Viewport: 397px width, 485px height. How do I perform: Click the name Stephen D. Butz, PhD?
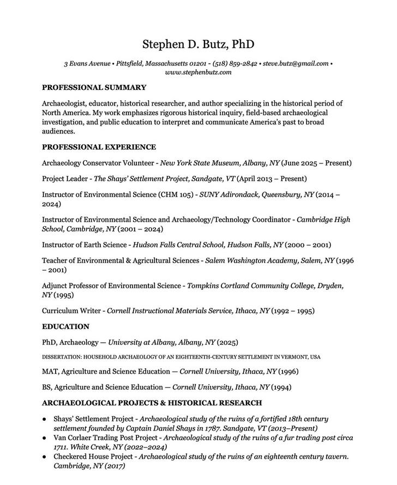pos(198,44)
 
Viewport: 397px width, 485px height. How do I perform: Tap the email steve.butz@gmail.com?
pos(295,63)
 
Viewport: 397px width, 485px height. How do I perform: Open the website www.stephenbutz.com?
pos(198,72)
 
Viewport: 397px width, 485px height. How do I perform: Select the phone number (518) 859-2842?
pos(234,63)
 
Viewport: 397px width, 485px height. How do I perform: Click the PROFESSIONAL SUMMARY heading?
pos(94,87)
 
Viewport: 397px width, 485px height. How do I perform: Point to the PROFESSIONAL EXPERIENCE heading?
pos(99,147)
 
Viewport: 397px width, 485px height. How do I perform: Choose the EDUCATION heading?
pos(65,327)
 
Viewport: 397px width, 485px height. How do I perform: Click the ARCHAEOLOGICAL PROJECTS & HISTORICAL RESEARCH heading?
pos(152,403)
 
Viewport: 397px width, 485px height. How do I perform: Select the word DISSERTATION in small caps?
pos(61,357)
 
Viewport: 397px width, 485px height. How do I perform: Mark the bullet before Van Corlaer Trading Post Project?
pos(45,438)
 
